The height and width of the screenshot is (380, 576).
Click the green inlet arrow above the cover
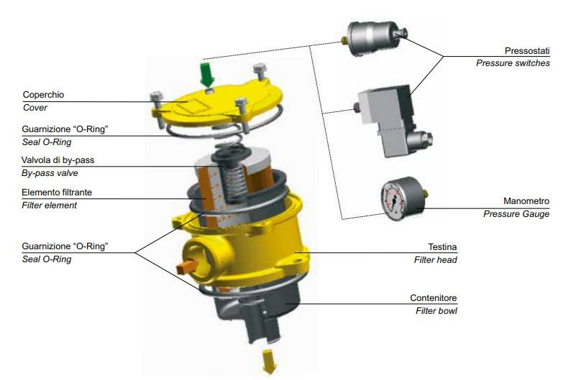208,75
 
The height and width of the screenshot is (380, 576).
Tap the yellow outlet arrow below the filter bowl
269,361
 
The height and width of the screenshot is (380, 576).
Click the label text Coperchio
43,95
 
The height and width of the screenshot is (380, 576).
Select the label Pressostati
527,50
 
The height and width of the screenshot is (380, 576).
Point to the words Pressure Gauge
516,214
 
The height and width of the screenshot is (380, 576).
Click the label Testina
442,247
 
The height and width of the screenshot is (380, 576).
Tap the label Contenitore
434,298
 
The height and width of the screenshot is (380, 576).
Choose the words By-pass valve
50,173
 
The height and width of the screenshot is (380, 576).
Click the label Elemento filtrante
57,193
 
